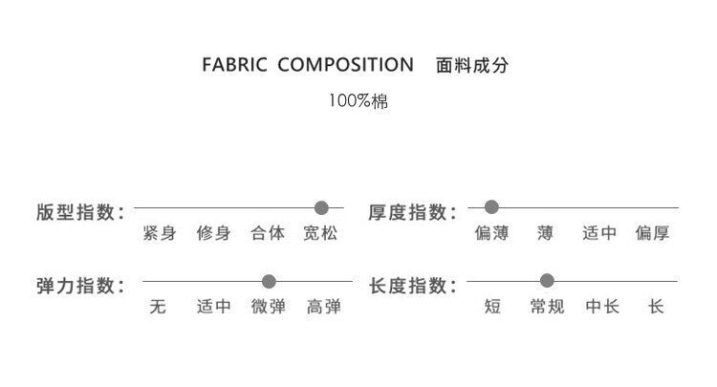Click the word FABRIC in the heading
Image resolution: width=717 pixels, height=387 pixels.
pos(234,66)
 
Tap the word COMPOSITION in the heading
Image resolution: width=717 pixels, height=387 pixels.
pos(345,66)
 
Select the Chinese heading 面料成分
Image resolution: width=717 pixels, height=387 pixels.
pos(472,66)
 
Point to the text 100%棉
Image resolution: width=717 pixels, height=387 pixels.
pos(358,100)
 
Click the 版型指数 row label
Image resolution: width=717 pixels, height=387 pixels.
pos(79,211)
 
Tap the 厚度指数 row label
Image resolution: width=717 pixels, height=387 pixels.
pos(412,211)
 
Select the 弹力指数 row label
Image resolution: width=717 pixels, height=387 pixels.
pos(79,285)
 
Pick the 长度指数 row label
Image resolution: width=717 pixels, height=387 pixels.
pos(412,285)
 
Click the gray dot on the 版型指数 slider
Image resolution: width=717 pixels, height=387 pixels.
pos(321,206)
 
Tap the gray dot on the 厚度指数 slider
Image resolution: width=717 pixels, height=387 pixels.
pos(491,206)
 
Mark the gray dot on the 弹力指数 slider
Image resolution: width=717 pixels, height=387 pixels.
pos(269,281)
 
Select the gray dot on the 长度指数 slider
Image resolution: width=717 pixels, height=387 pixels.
pos(547,281)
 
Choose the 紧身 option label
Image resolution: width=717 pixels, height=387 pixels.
pos(159,233)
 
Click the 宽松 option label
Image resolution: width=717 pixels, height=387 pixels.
pos(320,233)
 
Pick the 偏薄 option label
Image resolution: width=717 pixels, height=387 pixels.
pos(491,233)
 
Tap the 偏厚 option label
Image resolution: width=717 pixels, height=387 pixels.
pos(654,233)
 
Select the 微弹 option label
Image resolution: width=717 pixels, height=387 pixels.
pos(269,308)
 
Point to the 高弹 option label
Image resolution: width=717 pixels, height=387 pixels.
pos(324,308)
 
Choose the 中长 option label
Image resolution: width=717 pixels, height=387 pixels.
pos(601,308)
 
